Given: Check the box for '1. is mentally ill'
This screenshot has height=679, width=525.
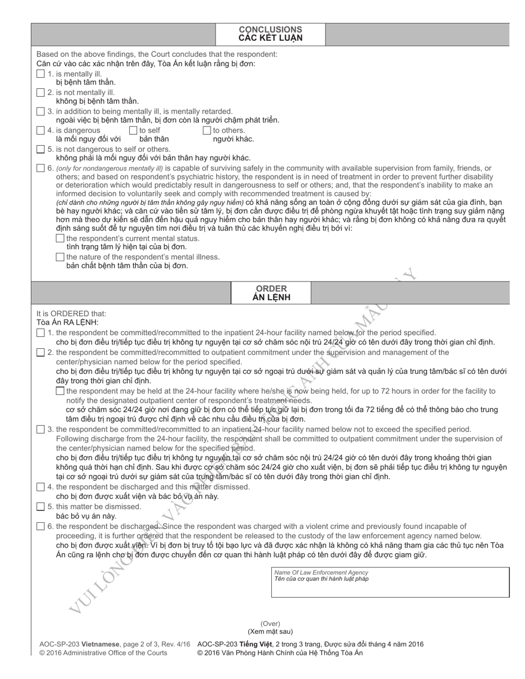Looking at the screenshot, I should [41, 74].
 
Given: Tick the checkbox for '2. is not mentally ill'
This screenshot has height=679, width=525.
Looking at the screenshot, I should [41, 93].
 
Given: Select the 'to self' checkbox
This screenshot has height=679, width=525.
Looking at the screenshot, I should [133, 130].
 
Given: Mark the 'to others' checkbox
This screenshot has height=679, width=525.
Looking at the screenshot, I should [207, 130].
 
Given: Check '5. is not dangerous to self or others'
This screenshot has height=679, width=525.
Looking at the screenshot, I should [41, 149].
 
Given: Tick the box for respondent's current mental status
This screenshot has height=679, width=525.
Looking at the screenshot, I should [60, 238].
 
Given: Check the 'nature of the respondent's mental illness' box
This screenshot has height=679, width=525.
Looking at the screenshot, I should [60, 257].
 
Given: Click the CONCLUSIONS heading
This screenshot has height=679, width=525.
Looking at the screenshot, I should [270, 29].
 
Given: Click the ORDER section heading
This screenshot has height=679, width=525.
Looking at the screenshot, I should [271, 288].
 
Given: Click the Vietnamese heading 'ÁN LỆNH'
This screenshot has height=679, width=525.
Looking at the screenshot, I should [271, 298].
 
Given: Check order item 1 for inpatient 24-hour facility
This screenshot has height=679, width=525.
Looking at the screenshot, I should [41, 333].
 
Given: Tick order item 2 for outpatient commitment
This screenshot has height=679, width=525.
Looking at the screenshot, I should [41, 352].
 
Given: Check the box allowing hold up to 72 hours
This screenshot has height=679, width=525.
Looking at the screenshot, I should [60, 391].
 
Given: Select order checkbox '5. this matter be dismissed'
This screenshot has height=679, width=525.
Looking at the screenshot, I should [41, 506].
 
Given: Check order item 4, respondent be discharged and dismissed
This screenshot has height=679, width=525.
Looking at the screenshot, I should [41, 487].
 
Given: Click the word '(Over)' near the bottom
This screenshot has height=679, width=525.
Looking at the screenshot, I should [270, 623].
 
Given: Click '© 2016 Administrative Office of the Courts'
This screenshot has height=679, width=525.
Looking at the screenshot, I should [103, 653].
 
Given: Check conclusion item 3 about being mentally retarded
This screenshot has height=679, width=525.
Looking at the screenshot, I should [41, 112].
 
